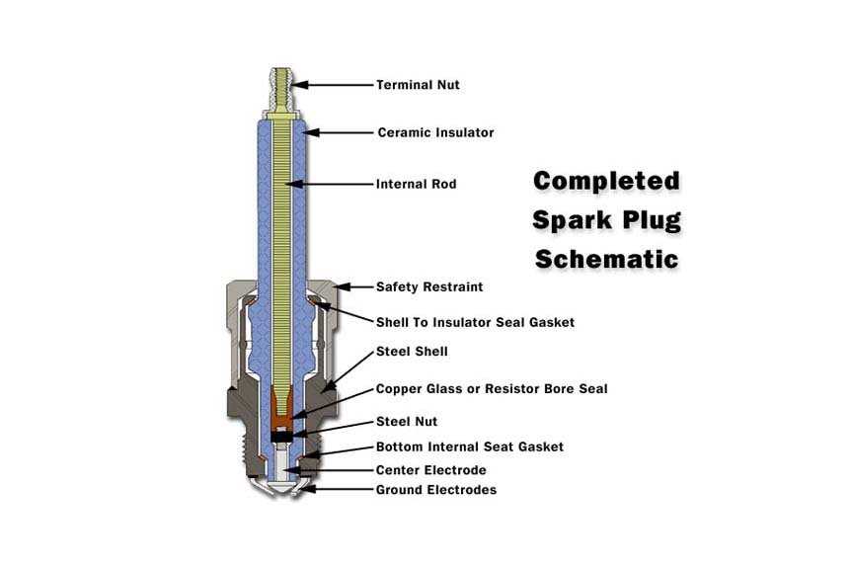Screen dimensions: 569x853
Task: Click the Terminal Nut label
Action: pyautogui.click(x=418, y=85)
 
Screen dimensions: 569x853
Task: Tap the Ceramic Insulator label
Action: pyautogui.click(x=435, y=132)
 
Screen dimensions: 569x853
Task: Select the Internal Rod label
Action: pyautogui.click(x=417, y=184)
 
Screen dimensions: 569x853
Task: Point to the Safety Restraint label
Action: pyautogui.click(x=429, y=287)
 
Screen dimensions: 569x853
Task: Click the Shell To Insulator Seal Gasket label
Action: pyautogui.click(x=475, y=322)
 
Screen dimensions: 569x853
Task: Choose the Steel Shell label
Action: pyautogui.click(x=412, y=352)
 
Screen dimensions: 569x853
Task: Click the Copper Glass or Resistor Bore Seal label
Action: pyautogui.click(x=492, y=389)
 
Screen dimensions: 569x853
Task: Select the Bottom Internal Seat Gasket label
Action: pyautogui.click(x=470, y=447)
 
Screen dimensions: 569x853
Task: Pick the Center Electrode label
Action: pyautogui.click(x=430, y=470)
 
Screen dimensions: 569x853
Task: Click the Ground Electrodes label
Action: pyautogui.click(x=436, y=490)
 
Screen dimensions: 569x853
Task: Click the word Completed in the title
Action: pyautogui.click(x=606, y=182)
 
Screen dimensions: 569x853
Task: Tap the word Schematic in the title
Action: pyautogui.click(x=606, y=259)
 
